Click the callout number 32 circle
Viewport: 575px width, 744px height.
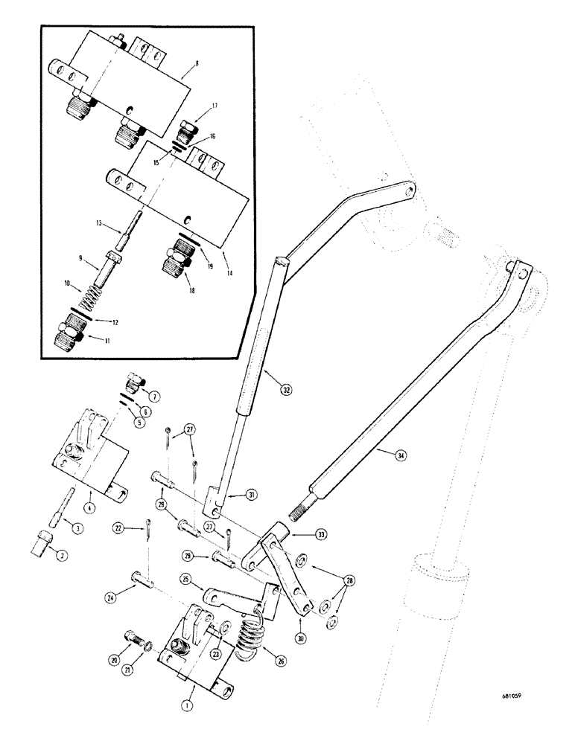pyautogui.click(x=287, y=388)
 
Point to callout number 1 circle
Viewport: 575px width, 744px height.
pyautogui.click(x=189, y=699)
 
